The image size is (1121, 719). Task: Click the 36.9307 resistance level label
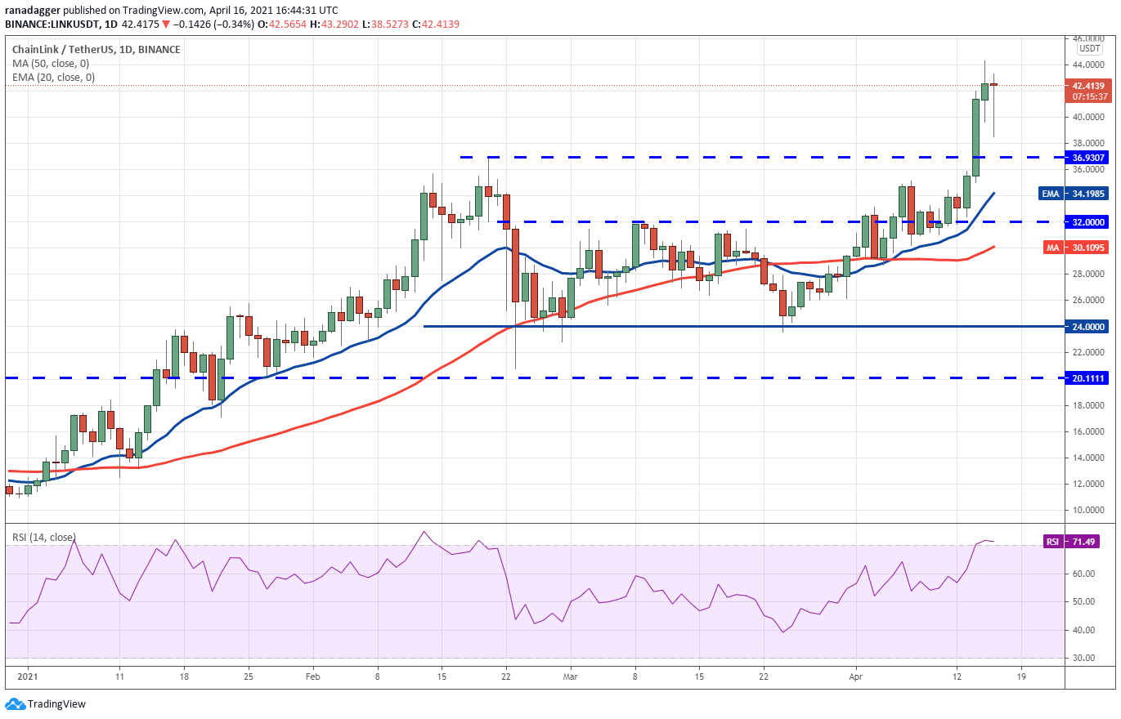coord(1088,157)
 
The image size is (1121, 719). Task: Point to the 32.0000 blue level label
coord(1088,221)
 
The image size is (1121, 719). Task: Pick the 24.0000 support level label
coord(1088,326)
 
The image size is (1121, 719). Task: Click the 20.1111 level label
coord(1088,378)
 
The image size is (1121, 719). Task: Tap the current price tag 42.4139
coord(1088,85)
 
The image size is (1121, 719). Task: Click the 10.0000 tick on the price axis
coord(1088,510)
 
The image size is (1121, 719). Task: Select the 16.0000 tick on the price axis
coord(1088,431)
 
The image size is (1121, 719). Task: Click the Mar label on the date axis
coord(571,677)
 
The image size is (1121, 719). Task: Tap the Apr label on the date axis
coord(855,677)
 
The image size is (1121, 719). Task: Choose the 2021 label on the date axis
coord(28,677)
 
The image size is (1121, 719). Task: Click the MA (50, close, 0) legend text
coord(51,64)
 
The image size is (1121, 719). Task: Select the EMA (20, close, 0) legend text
coord(53,78)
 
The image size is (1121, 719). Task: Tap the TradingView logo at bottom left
coord(46,703)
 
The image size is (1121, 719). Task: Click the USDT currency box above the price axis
coord(1088,48)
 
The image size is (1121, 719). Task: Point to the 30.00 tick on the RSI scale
coord(1084,659)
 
